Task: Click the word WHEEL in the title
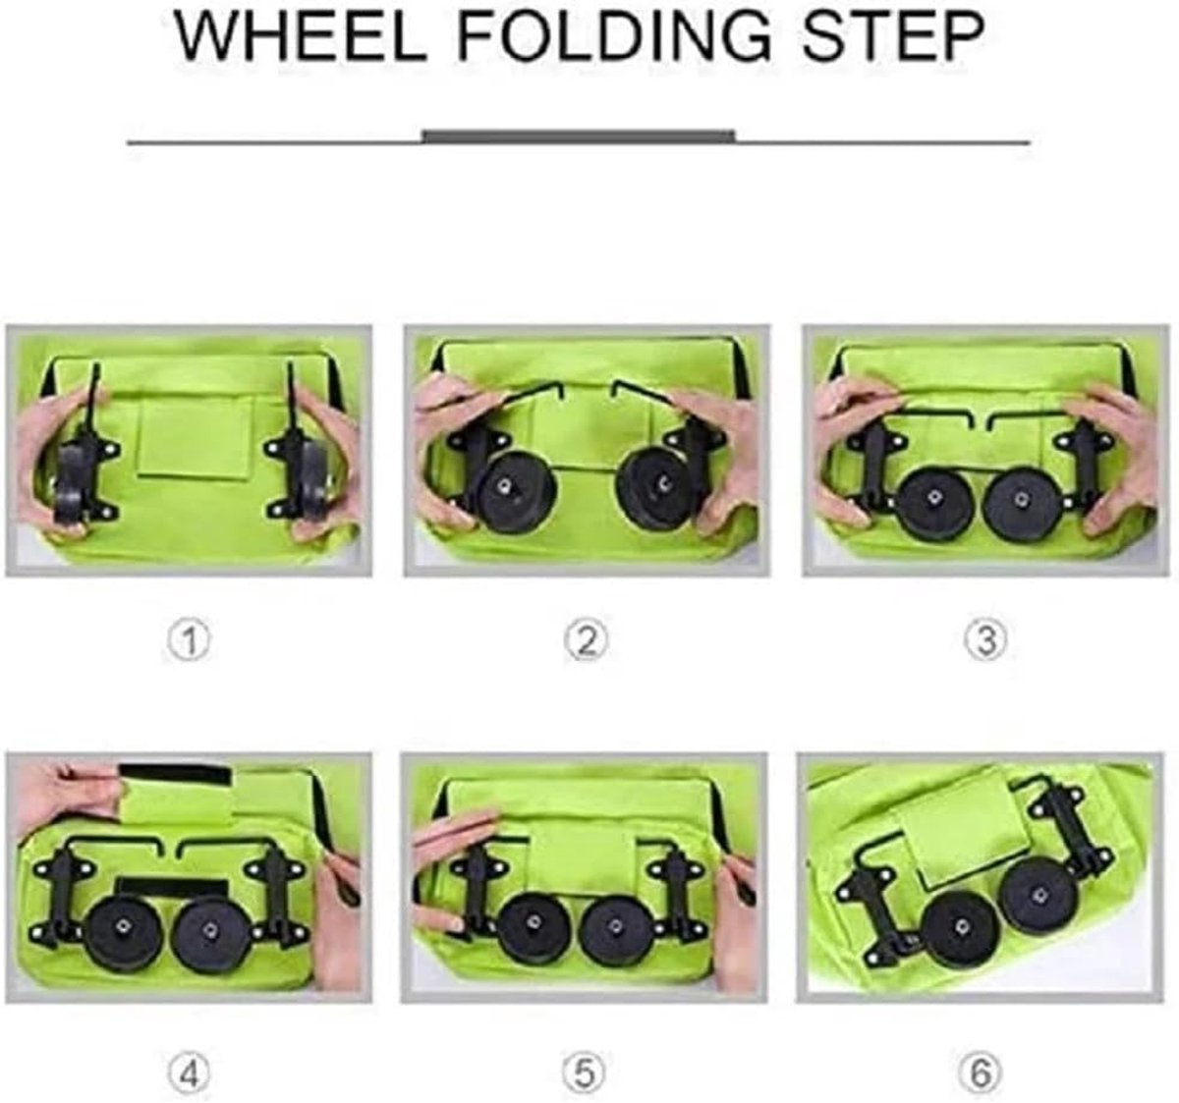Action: [300, 35]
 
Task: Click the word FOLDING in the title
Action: [614, 35]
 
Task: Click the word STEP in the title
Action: [893, 35]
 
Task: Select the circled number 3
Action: [985, 641]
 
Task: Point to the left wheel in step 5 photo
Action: [534, 927]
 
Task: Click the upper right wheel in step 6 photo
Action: [1040, 896]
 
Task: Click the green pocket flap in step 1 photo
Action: [196, 436]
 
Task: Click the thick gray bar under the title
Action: [579, 137]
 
